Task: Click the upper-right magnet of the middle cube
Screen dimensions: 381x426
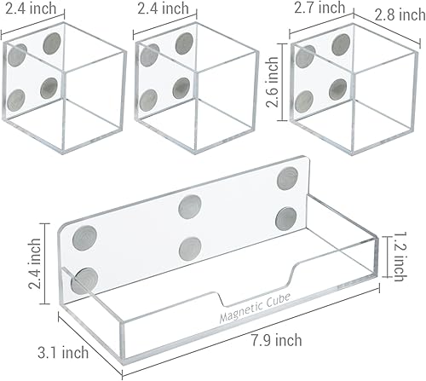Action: (182, 42)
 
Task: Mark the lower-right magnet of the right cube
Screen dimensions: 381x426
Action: (338, 89)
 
